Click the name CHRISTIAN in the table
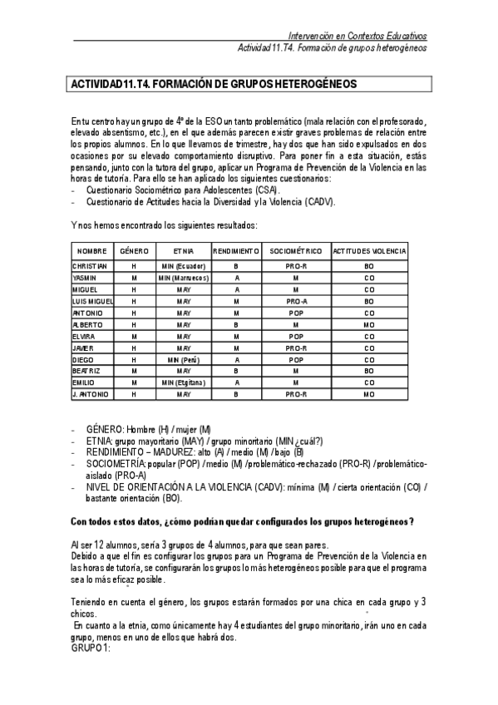point(91,265)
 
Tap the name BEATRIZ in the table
point(87,370)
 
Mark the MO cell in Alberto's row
point(369,323)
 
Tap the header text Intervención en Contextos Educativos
point(357,36)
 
